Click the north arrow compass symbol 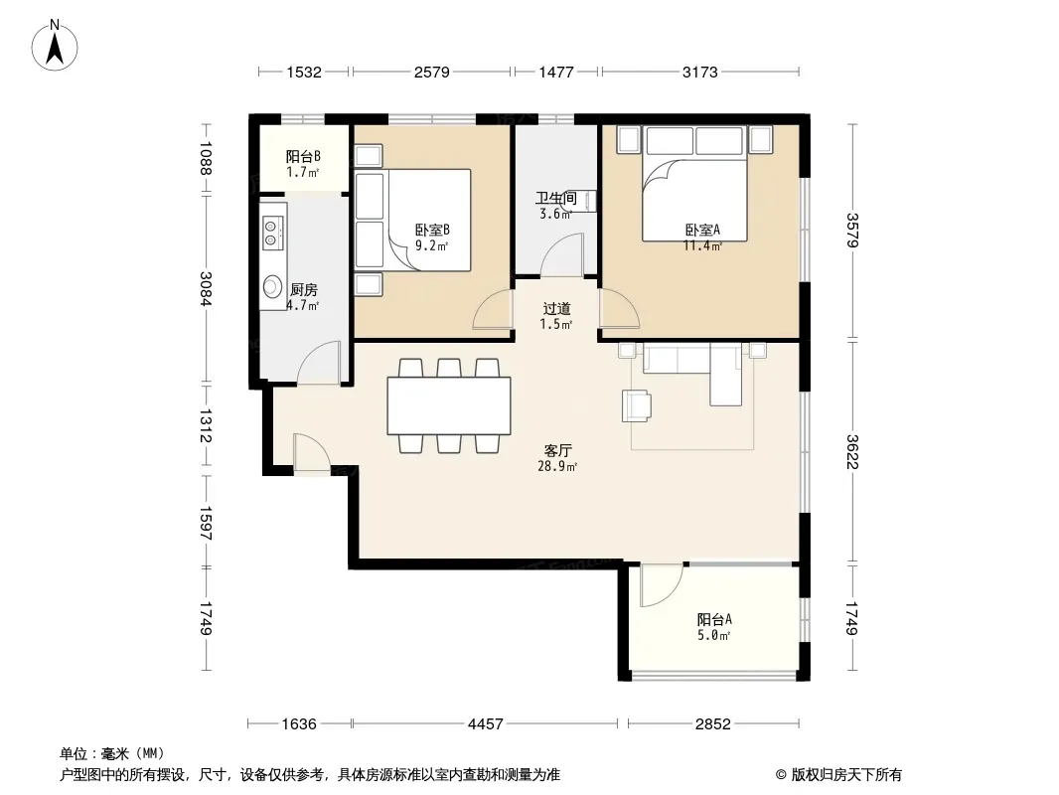[55, 46]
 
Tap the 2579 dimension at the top [431, 72]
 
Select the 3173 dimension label [699, 72]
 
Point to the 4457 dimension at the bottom [485, 724]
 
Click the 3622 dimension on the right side [852, 451]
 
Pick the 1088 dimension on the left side [206, 158]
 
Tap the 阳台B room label [303, 157]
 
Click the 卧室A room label [702, 230]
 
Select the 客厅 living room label [558, 450]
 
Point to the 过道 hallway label [556, 309]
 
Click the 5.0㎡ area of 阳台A [714, 635]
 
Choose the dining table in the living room [448, 405]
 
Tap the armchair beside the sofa [637, 405]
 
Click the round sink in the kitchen [273, 286]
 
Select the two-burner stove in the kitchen [273, 231]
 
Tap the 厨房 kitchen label [303, 290]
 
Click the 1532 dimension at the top [304, 72]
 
